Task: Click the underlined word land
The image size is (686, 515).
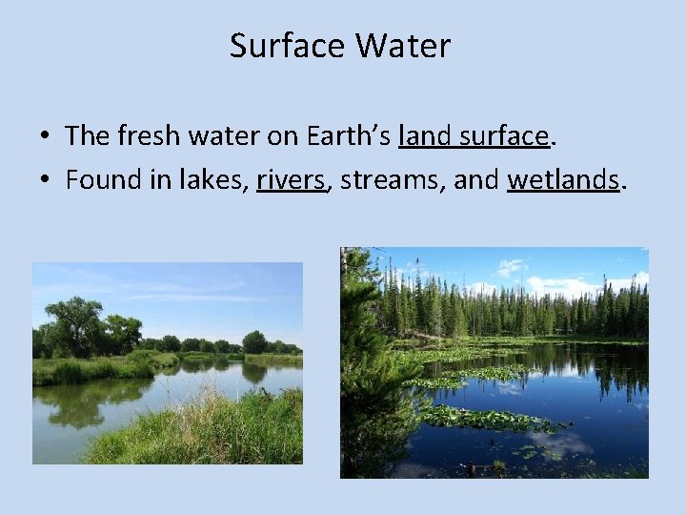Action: (426, 136)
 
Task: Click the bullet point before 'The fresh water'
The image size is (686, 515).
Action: (46, 137)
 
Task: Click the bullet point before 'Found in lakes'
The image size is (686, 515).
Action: (46, 179)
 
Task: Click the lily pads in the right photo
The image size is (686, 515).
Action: (476, 418)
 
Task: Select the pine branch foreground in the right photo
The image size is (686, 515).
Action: (367, 381)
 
